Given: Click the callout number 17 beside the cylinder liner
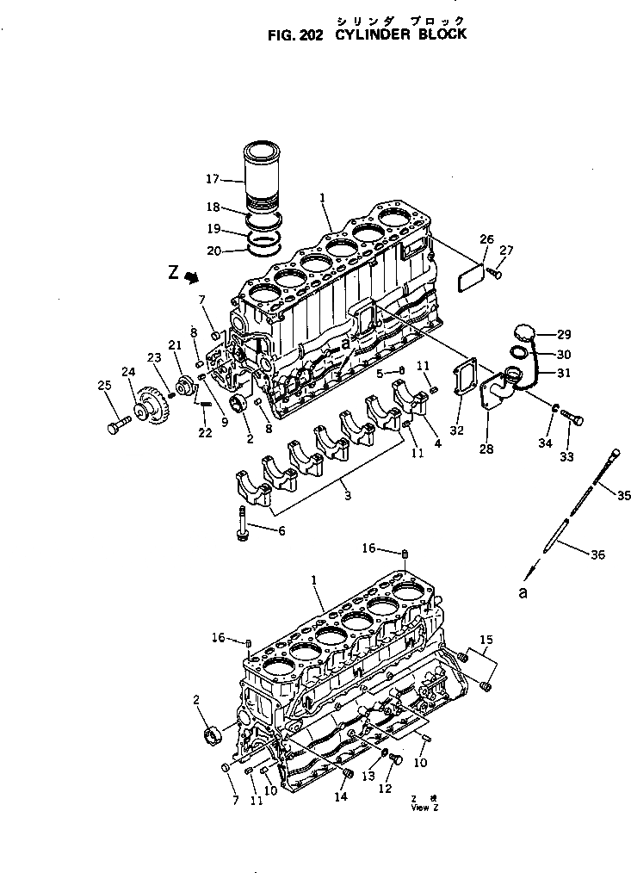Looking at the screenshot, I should pos(213,180).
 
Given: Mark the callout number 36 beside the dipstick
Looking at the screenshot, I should pos(597,555).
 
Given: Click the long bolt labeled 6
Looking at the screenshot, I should pos(242,523).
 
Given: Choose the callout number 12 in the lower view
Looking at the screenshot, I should pos(386,789).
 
